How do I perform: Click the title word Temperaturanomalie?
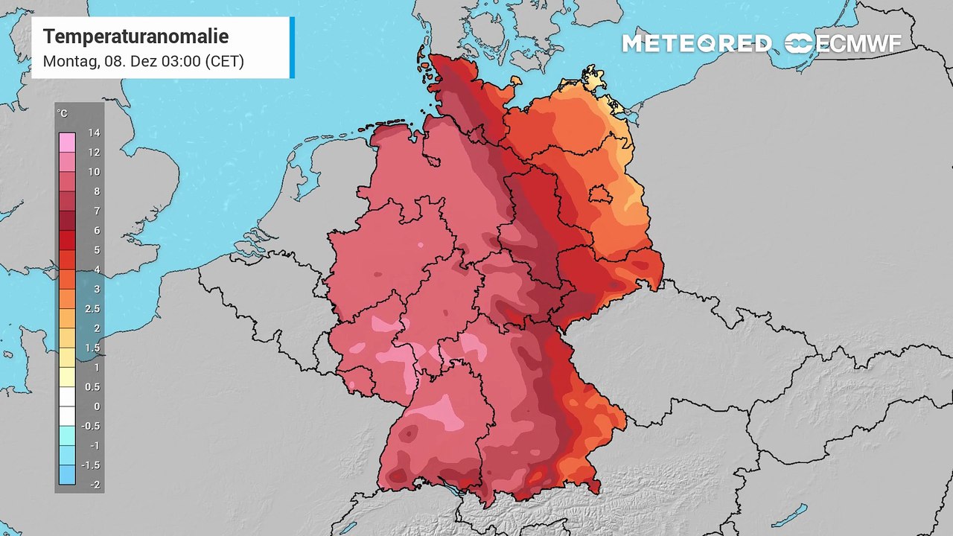point(136,36)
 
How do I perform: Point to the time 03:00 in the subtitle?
point(182,62)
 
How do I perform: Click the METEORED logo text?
point(696,44)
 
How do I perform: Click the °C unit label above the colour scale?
point(63,113)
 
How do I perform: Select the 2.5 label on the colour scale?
point(92,309)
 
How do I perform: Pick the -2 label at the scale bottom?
point(94,485)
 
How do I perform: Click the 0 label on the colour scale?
point(96,406)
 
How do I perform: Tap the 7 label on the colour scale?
point(96,211)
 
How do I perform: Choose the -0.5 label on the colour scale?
point(92,426)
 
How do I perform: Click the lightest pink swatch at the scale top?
point(66,142)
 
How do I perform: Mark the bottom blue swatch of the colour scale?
point(66,474)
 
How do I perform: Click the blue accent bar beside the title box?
point(292,48)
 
